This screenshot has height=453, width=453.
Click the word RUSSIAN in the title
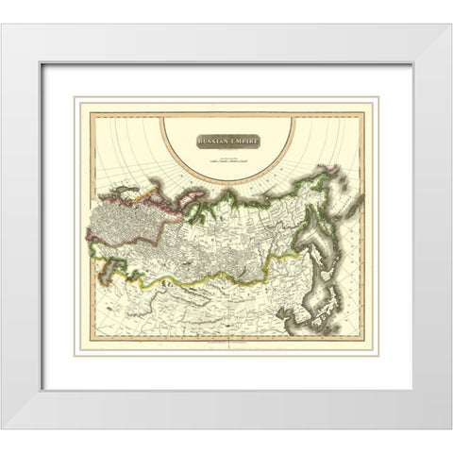point(213,141)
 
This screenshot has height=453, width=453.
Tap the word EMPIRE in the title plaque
point(242,141)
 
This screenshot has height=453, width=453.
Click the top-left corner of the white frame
point(3,25)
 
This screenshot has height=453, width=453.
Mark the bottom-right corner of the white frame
point(450,428)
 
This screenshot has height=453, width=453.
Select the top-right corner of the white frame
point(450,25)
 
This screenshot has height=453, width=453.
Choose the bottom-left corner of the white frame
point(3,428)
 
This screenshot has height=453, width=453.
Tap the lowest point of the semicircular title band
point(226,182)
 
